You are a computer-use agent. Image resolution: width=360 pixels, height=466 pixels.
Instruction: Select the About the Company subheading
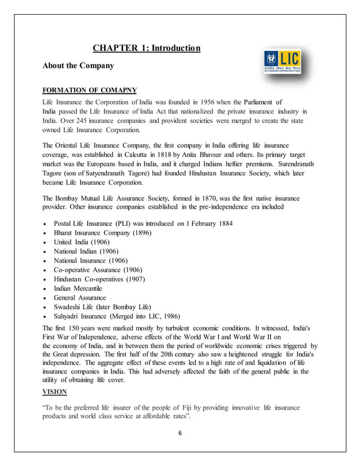(x=78, y=66)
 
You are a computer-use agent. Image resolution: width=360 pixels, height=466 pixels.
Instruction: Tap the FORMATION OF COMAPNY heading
(x=90, y=90)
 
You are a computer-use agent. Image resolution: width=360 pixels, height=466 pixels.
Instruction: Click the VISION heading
(x=55, y=392)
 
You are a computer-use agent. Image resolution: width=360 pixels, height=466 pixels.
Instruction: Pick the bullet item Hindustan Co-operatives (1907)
(x=99, y=279)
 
